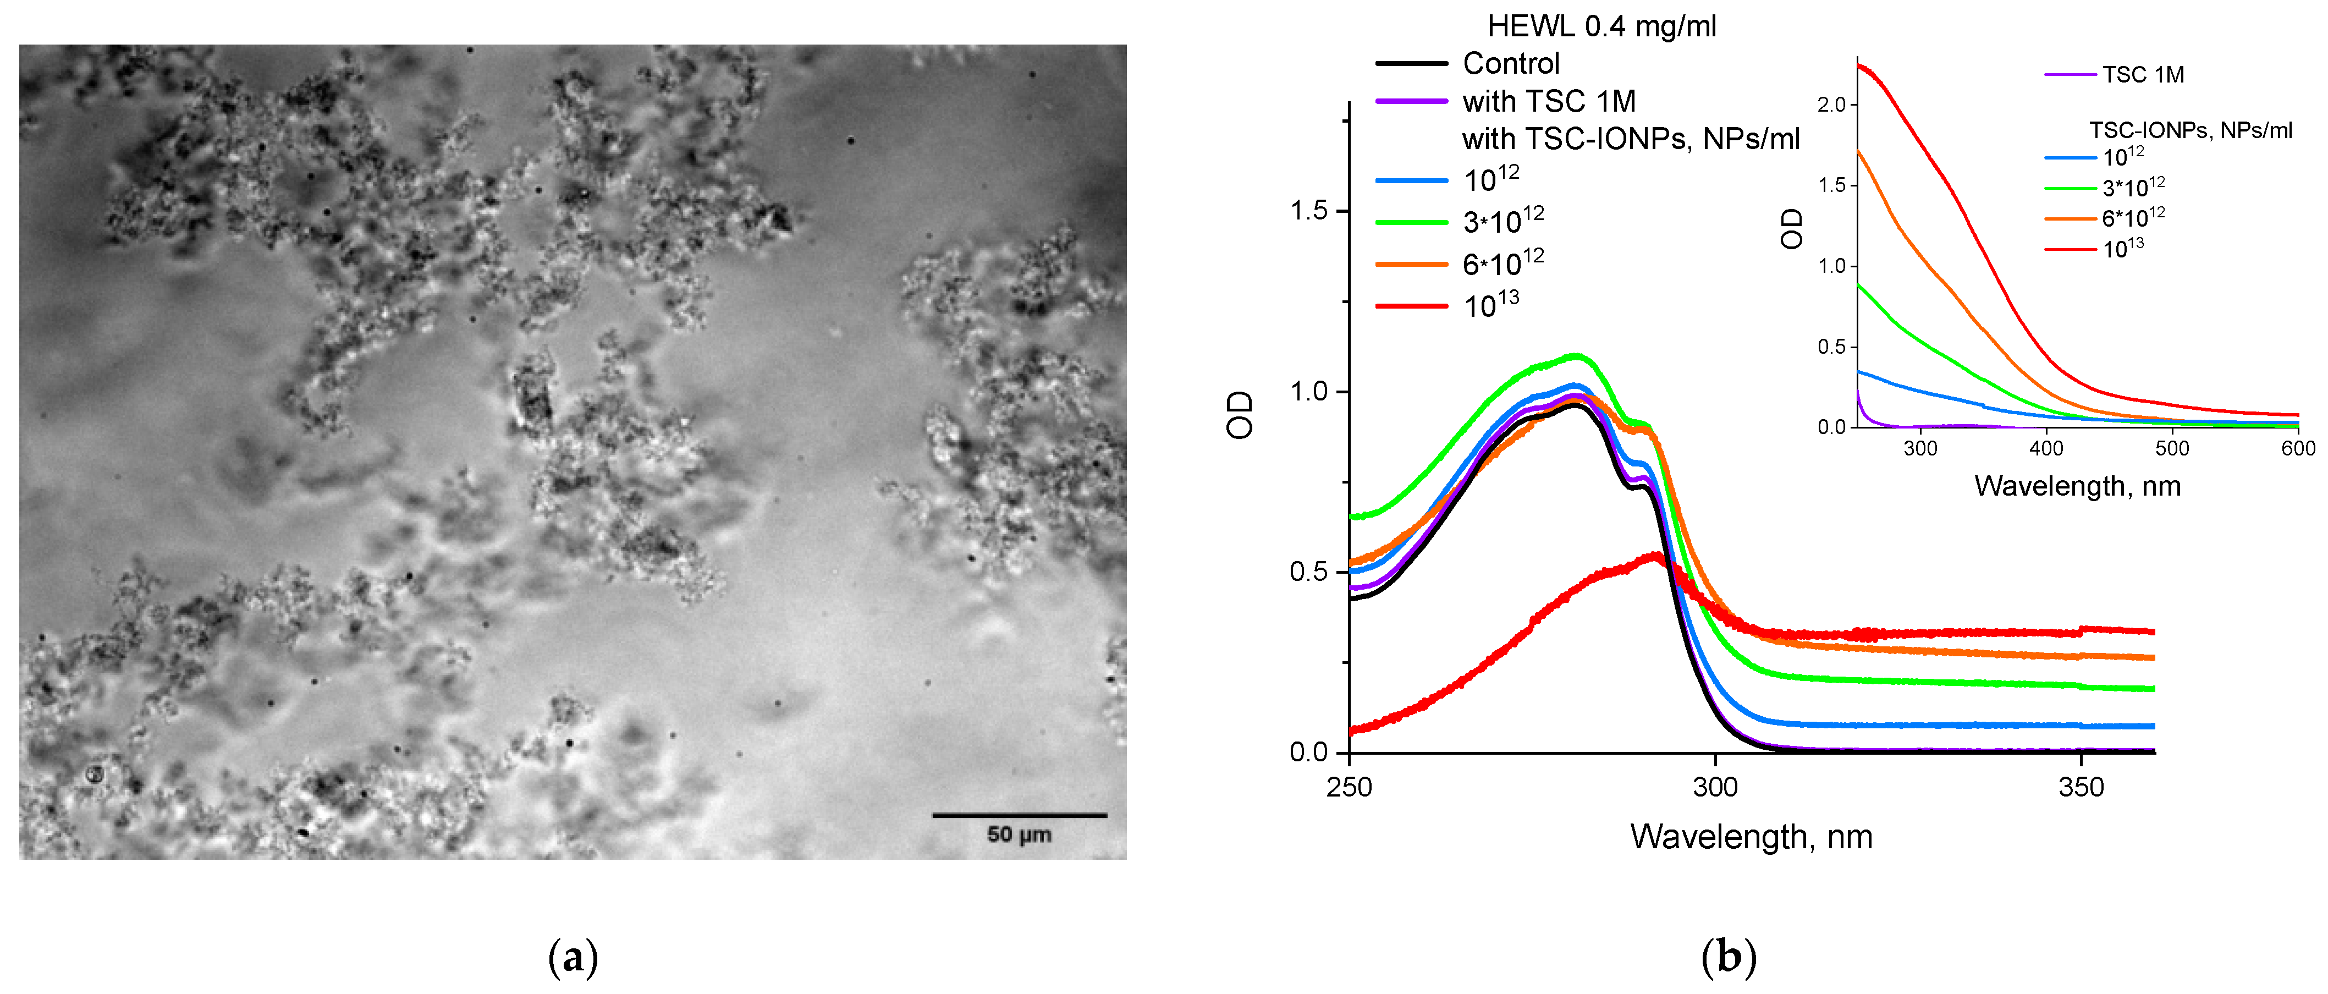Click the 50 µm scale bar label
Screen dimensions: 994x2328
click(x=1019, y=834)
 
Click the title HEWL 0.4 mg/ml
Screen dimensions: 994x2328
click(x=1601, y=26)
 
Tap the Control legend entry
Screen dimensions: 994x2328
click(x=1511, y=63)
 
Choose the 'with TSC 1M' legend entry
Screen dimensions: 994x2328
click(x=1549, y=101)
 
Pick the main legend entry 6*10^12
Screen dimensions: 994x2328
click(x=1503, y=263)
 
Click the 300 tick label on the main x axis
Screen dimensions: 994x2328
click(x=1714, y=788)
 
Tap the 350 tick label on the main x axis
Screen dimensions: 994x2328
click(x=2081, y=788)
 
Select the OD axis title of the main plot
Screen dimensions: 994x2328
click(x=1240, y=415)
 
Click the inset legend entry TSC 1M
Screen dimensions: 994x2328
click(x=2142, y=75)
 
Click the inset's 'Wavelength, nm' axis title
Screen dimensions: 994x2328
click(x=2077, y=486)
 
